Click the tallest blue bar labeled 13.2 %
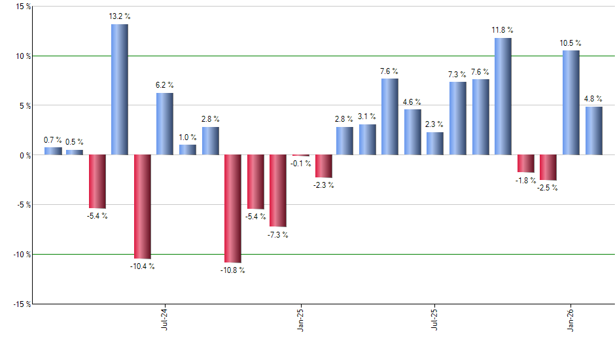(x=119, y=89)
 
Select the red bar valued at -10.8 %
(x=232, y=208)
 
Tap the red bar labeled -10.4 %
(x=142, y=206)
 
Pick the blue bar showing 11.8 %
(x=502, y=96)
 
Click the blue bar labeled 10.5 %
(x=571, y=102)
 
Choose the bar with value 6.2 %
(x=165, y=124)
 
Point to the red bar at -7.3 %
(x=277, y=190)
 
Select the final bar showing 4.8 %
(x=593, y=131)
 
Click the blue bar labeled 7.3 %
(x=457, y=118)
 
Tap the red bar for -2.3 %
(x=323, y=166)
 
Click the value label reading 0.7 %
(x=53, y=140)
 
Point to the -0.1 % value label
(x=301, y=163)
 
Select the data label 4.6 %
(x=412, y=102)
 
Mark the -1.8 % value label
(x=525, y=180)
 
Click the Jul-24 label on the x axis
(x=164, y=319)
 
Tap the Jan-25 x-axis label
(x=300, y=319)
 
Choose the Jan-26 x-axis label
(x=571, y=319)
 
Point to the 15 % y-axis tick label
(x=23, y=7)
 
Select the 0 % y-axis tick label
(x=25, y=155)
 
